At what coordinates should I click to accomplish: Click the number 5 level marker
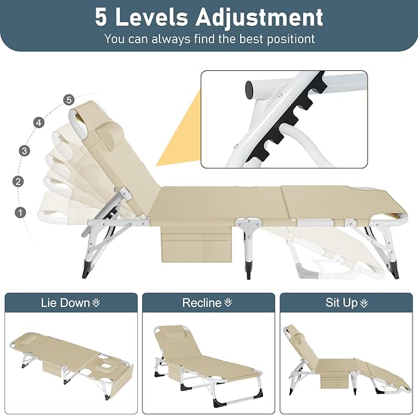(x=68, y=99)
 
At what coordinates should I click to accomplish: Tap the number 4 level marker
(x=39, y=123)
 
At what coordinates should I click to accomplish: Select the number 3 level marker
(x=25, y=150)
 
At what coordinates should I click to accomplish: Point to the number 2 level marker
(x=18, y=181)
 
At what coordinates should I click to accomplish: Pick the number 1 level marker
(x=21, y=212)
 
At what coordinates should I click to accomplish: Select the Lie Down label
(x=70, y=303)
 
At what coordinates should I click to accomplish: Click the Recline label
(x=207, y=303)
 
